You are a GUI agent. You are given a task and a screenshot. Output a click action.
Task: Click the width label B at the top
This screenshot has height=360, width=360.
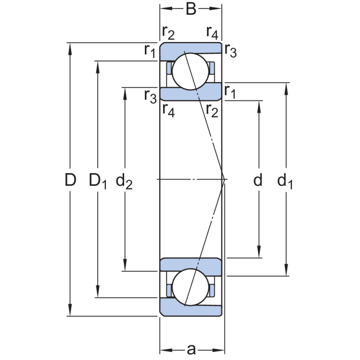pyautogui.click(x=191, y=9)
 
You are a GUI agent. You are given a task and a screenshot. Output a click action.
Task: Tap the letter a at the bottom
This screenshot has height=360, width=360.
pyautogui.click(x=192, y=349)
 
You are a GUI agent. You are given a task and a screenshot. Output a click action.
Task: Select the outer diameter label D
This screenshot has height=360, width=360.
pyautogui.click(x=70, y=180)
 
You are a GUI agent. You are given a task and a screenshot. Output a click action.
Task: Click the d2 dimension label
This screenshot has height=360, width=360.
pyautogui.click(x=124, y=181)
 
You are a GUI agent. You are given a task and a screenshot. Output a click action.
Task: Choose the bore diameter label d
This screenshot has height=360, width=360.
pyautogui.click(x=258, y=180)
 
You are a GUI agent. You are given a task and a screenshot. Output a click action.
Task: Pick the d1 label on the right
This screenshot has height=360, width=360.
pyautogui.click(x=285, y=181)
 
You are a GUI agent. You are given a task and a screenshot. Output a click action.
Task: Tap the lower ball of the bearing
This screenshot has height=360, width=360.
pyautogui.click(x=191, y=288)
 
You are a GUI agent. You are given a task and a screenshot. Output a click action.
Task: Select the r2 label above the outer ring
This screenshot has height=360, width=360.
pyautogui.click(x=168, y=32)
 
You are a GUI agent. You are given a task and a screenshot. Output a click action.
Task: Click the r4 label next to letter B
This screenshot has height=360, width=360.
pyautogui.click(x=212, y=32)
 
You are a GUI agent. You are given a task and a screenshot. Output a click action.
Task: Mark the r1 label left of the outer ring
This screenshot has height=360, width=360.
pyautogui.click(x=150, y=51)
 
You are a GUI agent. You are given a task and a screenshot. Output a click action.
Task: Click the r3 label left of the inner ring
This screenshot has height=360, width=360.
pyautogui.click(x=150, y=95)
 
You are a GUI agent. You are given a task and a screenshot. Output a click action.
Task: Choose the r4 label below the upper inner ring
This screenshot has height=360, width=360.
pyautogui.click(x=168, y=109)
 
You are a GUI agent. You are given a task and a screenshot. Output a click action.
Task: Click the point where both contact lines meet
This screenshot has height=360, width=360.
pyautogui.click(x=224, y=180)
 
